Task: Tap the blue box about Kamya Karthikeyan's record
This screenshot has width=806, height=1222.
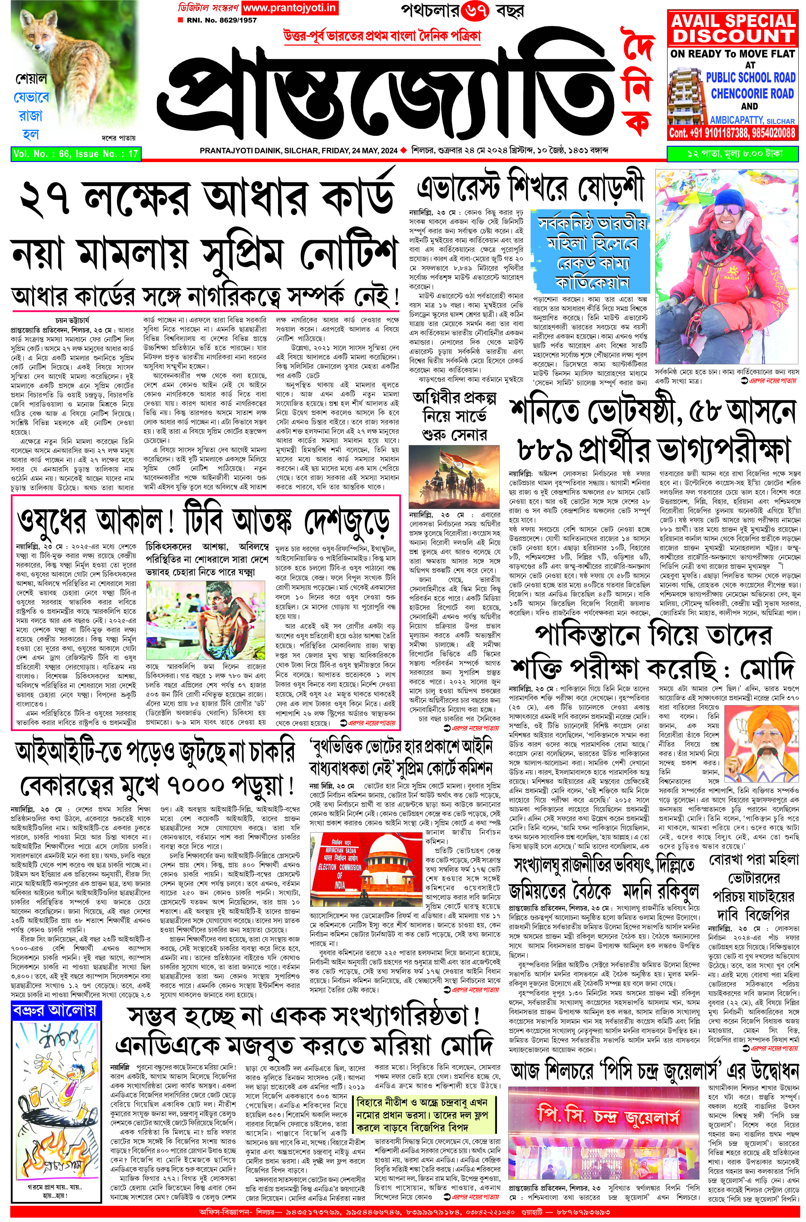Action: pos(592,252)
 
